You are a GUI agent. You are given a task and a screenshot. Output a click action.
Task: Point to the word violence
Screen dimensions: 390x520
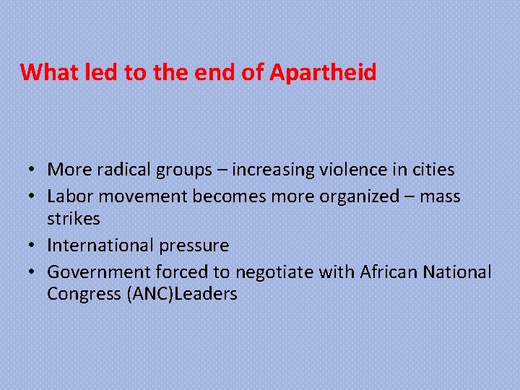pos(345,170)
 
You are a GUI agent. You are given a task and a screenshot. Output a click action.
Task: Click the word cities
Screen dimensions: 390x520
pos(430,170)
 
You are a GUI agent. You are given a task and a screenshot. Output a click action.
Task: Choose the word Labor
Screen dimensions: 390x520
pos(69,196)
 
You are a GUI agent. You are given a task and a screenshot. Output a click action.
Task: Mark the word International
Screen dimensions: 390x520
pos(99,246)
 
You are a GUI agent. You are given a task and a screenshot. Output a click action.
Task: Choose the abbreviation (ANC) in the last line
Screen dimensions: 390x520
pos(150,295)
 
